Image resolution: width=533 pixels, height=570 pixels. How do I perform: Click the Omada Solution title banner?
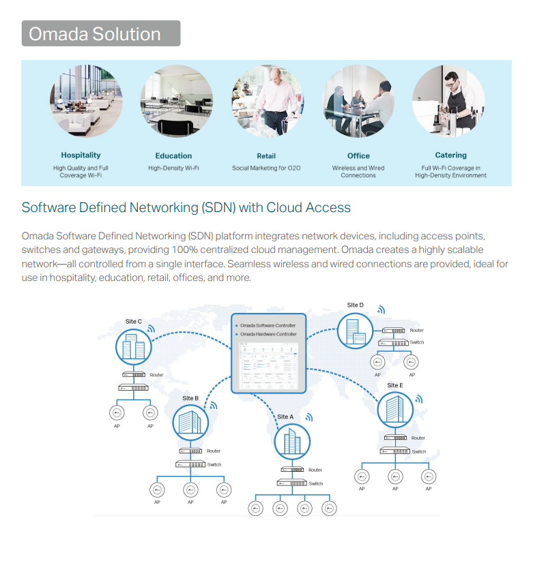[101, 33]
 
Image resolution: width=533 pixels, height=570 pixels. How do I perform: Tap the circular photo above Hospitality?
[85, 102]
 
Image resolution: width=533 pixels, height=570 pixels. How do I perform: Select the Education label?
[173, 155]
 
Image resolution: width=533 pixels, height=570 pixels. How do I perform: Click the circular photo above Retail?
[266, 102]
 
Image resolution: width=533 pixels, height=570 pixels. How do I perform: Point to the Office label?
[358, 155]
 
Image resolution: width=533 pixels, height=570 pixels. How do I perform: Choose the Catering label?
[450, 155]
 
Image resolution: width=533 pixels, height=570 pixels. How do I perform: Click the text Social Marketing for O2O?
[266, 168]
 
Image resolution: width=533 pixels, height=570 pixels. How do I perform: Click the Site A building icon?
[292, 442]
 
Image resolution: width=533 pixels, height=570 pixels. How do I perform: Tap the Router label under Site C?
[156, 375]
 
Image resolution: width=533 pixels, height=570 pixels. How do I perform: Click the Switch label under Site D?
[417, 342]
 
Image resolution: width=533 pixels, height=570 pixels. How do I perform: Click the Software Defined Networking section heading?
[186, 207]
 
